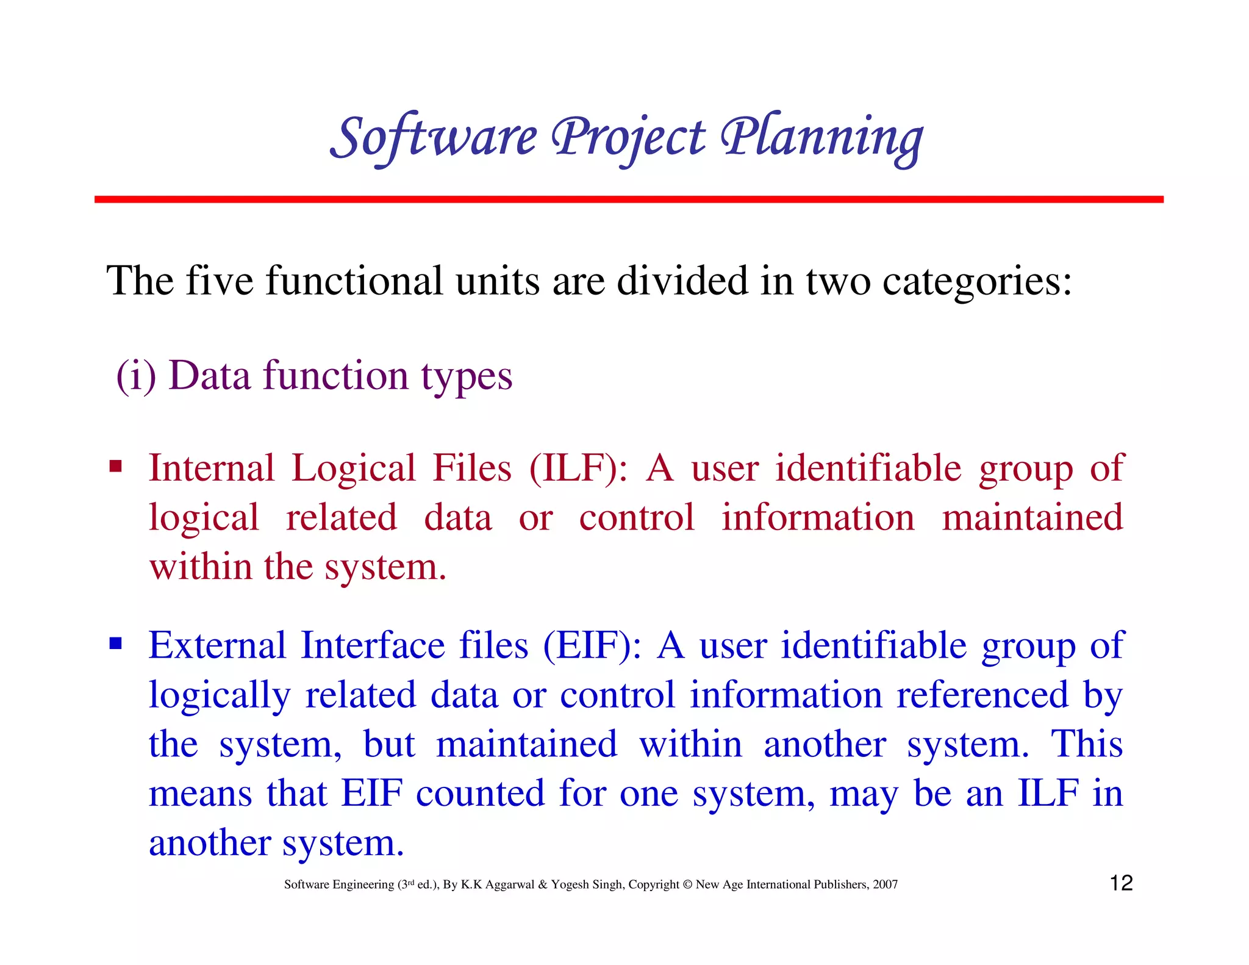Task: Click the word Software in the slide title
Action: pyautogui.click(x=434, y=138)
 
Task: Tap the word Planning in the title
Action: pyautogui.click(x=821, y=138)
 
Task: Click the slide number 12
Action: pyautogui.click(x=1121, y=883)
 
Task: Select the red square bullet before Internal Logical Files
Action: pyautogui.click(x=115, y=468)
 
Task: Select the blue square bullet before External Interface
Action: pyautogui.click(x=115, y=644)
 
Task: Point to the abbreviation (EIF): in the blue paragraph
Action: pyautogui.click(x=592, y=645)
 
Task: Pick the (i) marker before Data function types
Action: pyautogui.click(x=136, y=376)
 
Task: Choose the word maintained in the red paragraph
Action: pyautogui.click(x=1032, y=517)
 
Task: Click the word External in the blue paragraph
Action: pyautogui.click(x=217, y=645)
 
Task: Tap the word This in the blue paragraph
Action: pyautogui.click(x=1086, y=744)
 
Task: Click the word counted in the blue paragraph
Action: pyautogui.click(x=481, y=794)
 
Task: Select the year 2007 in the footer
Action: pyautogui.click(x=885, y=884)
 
